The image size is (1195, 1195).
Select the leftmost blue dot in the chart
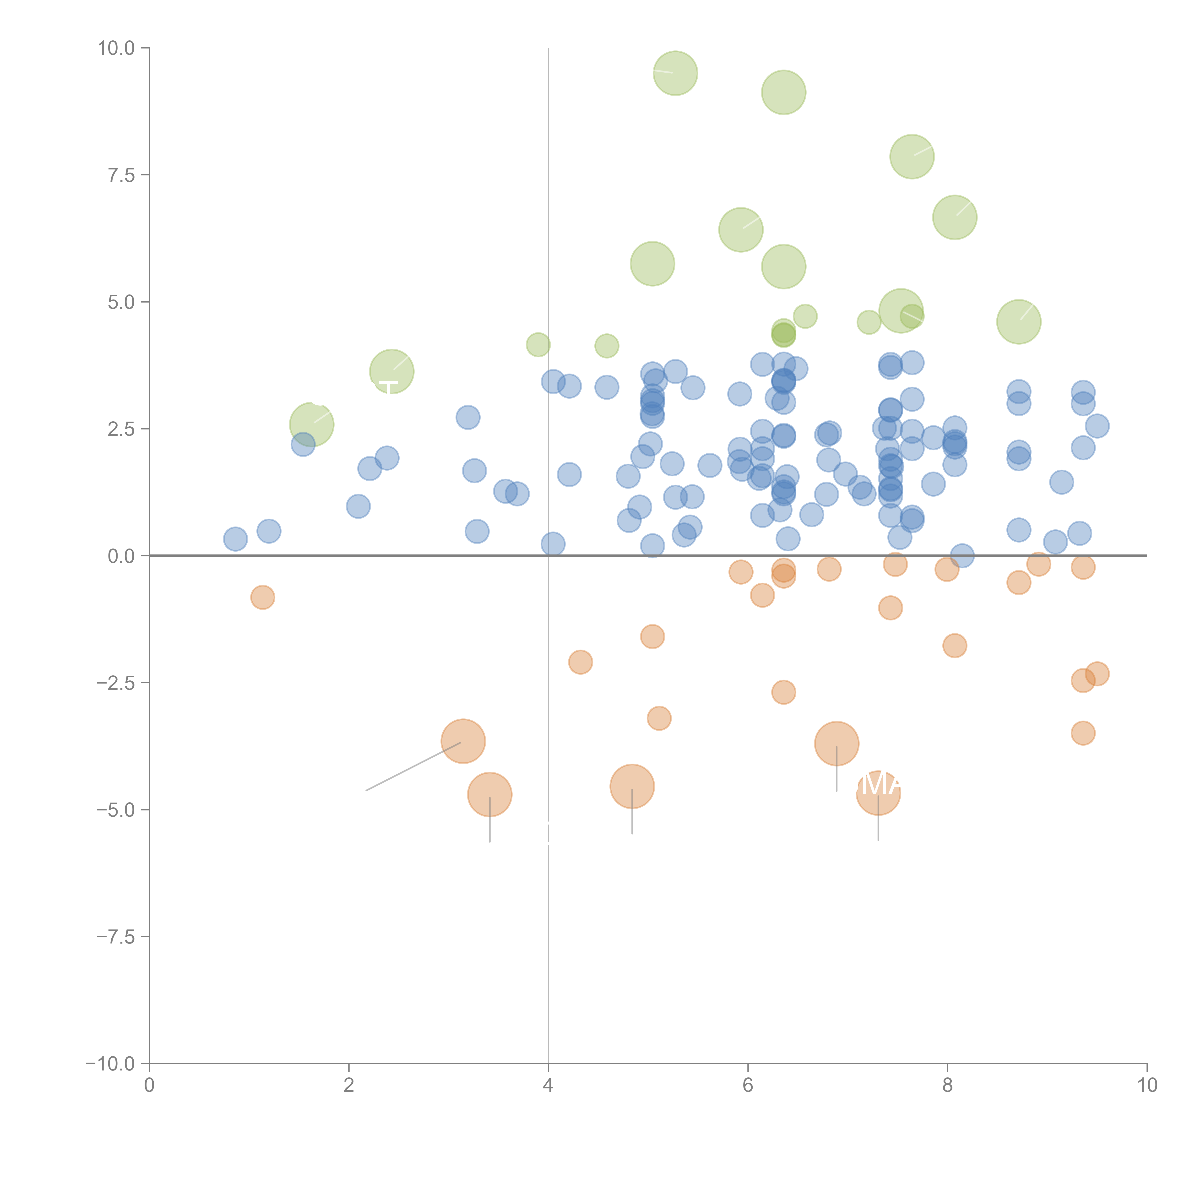pyautogui.click(x=235, y=539)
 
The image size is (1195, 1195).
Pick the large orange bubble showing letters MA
pyautogui.click(x=878, y=793)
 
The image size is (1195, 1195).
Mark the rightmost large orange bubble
pyautogui.click(x=878, y=793)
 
